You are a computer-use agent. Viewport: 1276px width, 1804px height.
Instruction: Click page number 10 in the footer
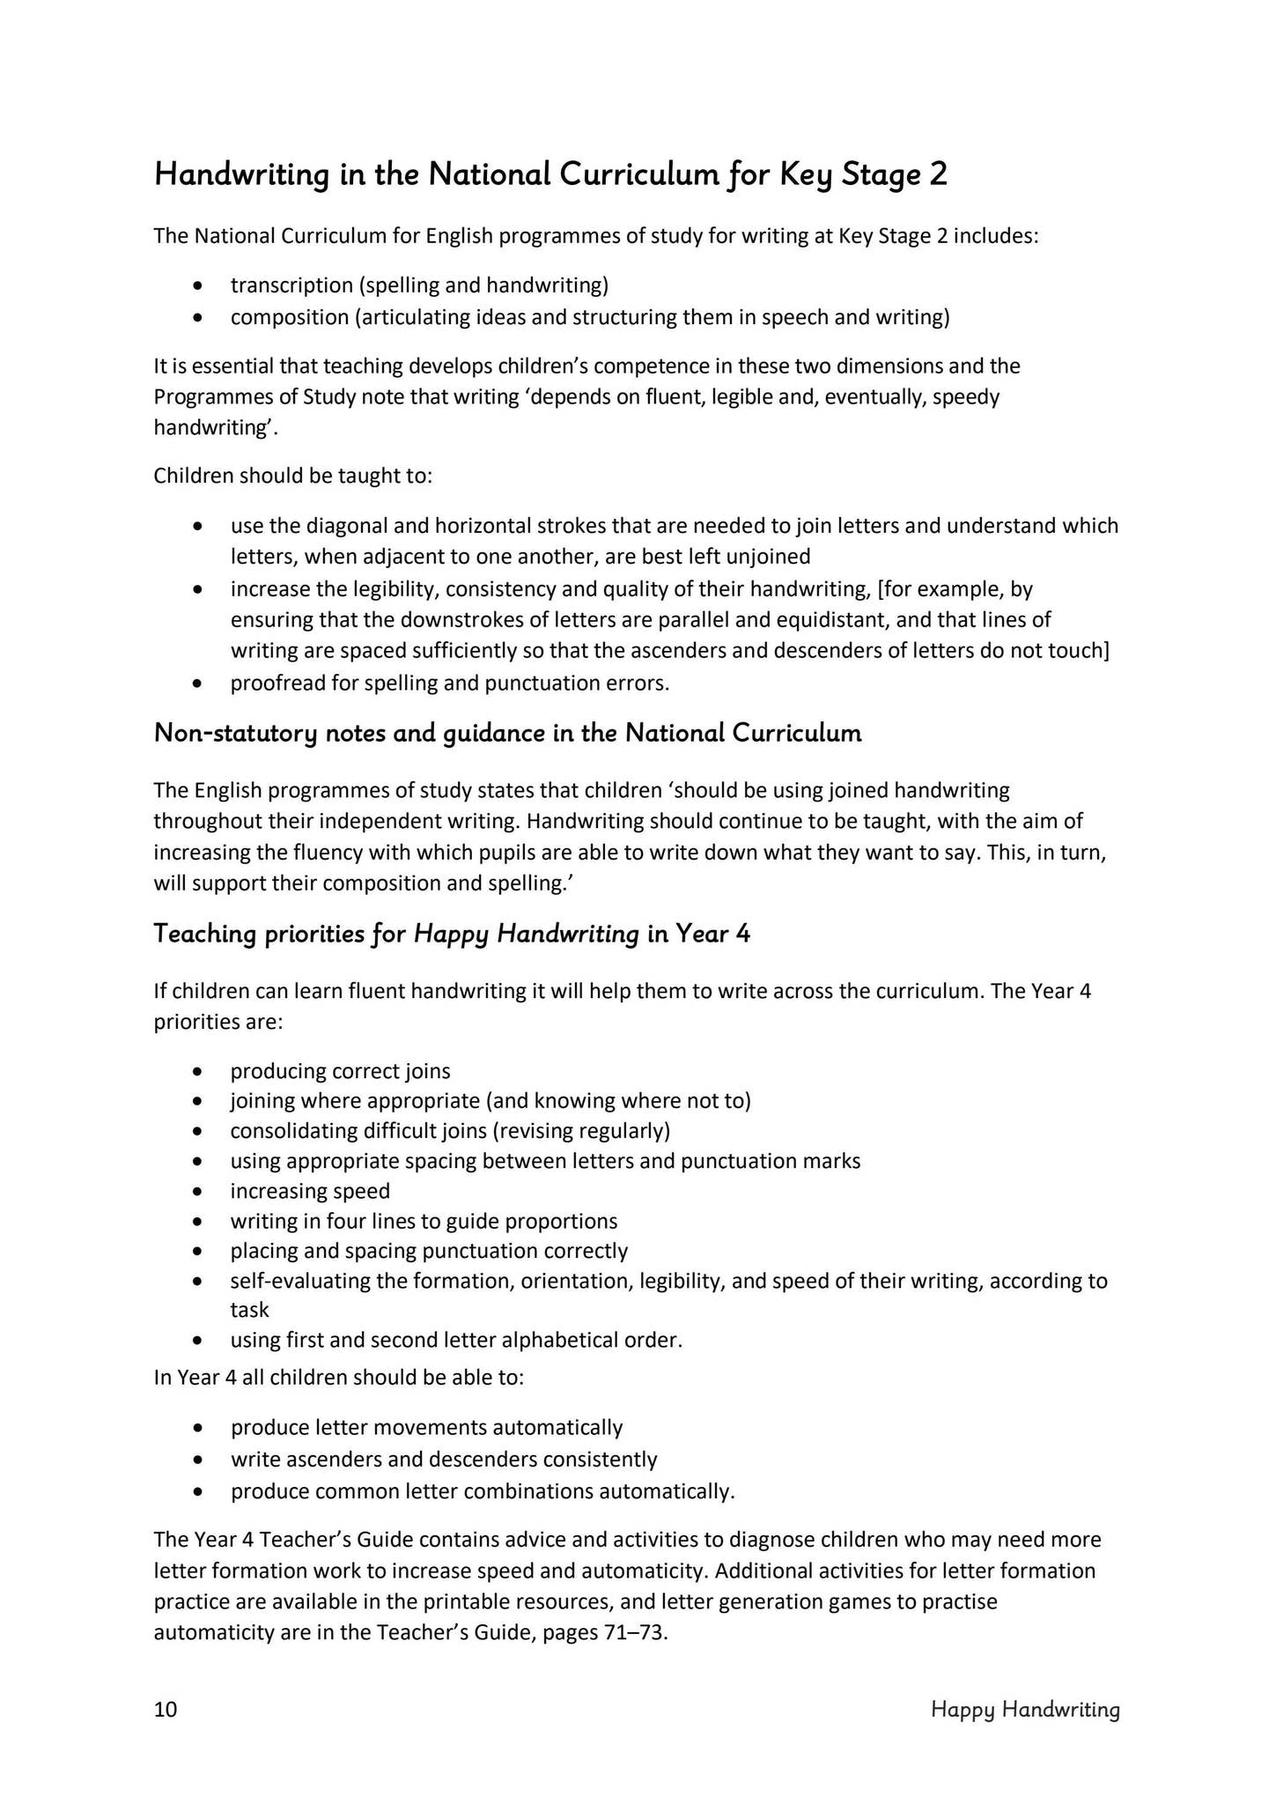point(166,1710)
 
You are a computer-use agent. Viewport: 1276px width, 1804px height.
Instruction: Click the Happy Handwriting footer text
point(1025,1710)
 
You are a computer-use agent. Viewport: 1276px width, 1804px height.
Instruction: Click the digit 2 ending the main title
point(938,174)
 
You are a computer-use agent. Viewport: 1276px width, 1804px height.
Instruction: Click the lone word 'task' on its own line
point(249,1310)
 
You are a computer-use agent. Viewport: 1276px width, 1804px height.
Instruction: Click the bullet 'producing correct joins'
point(340,1071)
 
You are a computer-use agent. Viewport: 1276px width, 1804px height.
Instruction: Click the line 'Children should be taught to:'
point(293,477)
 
